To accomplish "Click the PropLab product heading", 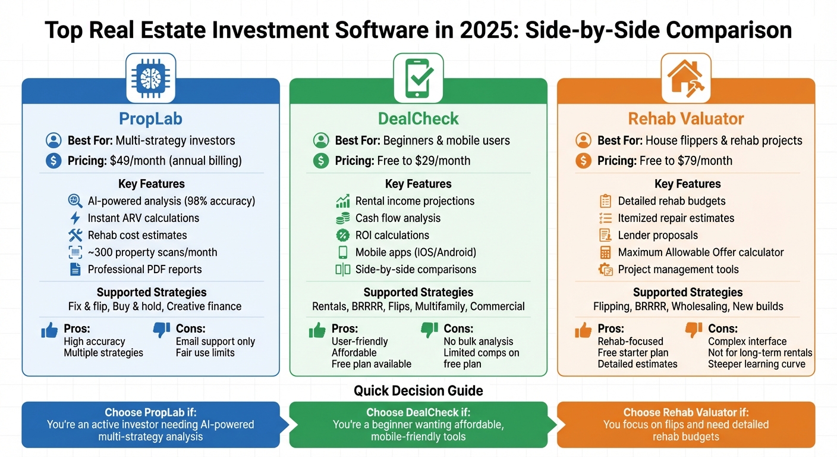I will point(150,118).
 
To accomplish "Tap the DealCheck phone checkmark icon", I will point(418,77).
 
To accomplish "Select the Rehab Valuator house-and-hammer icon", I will point(686,77).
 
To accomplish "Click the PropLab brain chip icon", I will point(150,77).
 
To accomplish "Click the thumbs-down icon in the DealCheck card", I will point(429,330).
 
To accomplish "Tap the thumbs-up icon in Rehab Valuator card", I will point(584,330).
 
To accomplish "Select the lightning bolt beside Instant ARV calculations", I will point(75,218).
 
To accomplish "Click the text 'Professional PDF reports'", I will point(144,270).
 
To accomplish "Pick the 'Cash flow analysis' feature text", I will point(398,218).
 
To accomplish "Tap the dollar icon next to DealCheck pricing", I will point(321,161).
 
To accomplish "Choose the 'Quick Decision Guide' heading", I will point(418,391).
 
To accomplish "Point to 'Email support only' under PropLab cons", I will point(215,342).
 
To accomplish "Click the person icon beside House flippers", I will point(583,141).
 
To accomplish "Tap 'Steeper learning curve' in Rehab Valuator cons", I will point(756,364).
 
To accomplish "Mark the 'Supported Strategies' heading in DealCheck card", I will point(418,292).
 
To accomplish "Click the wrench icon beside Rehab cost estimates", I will point(75,235).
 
